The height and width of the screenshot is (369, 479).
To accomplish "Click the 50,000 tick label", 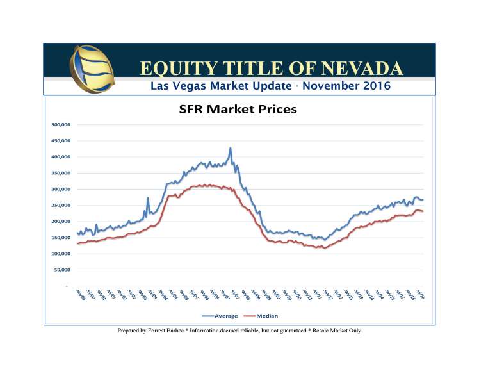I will click(61, 270).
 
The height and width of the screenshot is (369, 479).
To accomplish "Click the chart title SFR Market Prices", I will click(238, 110).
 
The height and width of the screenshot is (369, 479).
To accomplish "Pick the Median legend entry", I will click(267, 316).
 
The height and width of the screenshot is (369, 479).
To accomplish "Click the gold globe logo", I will click(94, 69).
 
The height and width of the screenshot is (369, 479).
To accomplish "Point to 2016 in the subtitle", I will click(373, 85).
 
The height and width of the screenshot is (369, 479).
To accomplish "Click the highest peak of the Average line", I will click(231, 148).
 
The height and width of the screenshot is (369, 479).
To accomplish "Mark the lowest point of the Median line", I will click(325, 248).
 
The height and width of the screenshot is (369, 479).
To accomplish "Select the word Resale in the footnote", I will click(330, 331).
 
